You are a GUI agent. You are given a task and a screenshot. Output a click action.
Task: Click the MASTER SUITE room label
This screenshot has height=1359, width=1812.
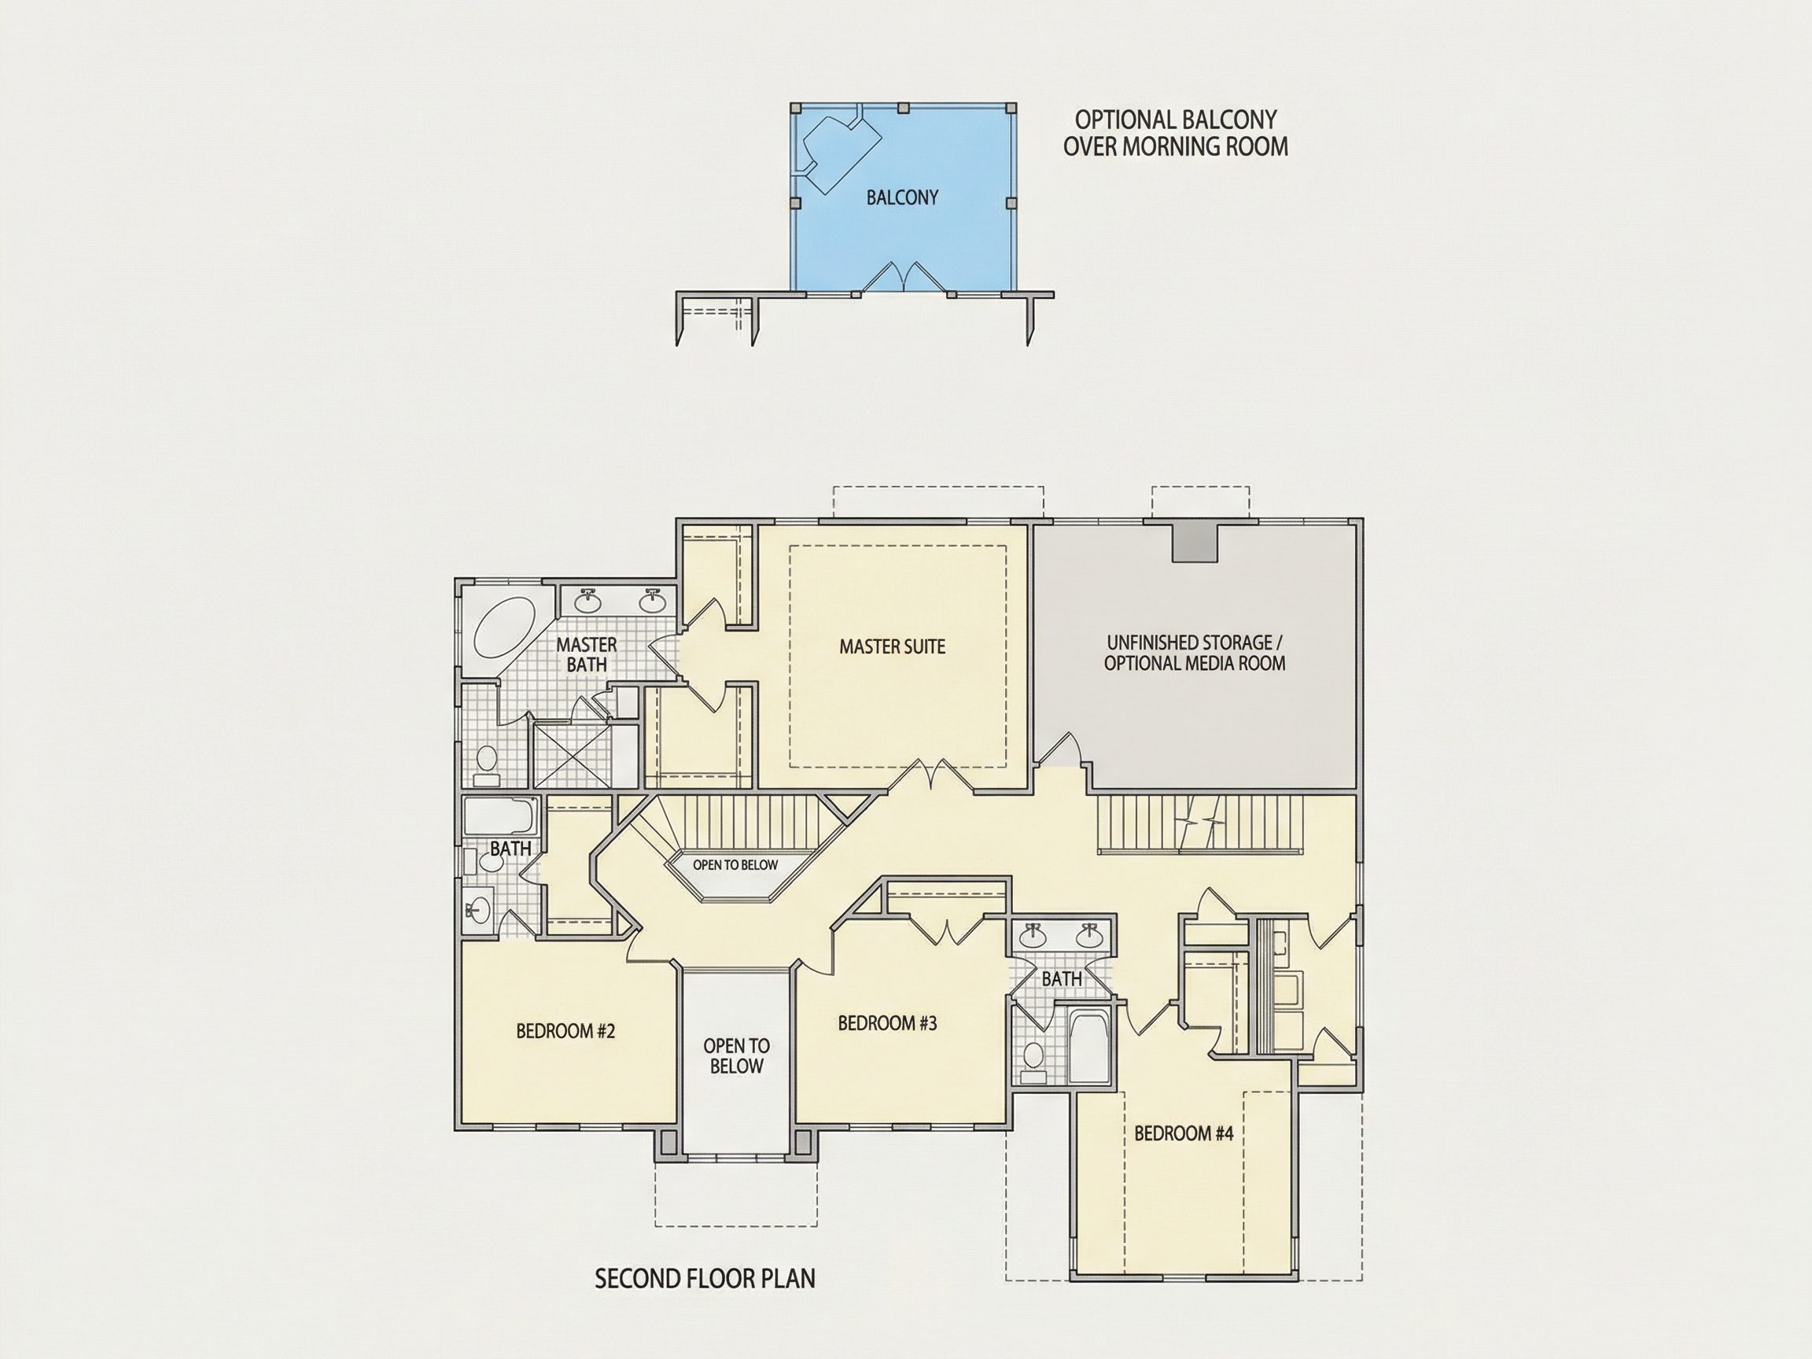click(x=892, y=646)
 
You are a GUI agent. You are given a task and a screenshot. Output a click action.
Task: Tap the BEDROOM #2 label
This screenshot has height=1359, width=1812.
click(x=565, y=1030)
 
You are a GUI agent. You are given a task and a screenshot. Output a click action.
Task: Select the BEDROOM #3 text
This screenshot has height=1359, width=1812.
click(x=887, y=1022)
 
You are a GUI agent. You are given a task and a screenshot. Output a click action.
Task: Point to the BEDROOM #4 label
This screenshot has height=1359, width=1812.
click(x=1184, y=1133)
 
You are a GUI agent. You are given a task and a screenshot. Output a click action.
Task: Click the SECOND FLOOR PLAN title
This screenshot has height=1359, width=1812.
click(x=705, y=1278)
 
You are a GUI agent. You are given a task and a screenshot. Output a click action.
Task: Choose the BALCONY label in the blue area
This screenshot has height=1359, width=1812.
click(x=902, y=197)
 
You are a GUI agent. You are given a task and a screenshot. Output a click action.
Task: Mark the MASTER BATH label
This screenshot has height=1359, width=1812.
click(x=587, y=654)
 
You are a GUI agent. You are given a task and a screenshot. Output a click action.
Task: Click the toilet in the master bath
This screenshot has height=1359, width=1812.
click(x=488, y=764)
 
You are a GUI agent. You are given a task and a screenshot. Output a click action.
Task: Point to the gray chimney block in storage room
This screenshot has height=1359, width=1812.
click(x=1195, y=541)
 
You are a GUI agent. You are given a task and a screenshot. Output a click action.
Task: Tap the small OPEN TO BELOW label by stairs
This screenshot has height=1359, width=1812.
click(x=735, y=864)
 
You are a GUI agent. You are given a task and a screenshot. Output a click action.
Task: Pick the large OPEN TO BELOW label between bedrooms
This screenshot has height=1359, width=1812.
click(x=736, y=1056)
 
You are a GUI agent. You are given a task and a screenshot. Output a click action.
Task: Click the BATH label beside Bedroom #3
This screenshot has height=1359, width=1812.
click(x=1062, y=978)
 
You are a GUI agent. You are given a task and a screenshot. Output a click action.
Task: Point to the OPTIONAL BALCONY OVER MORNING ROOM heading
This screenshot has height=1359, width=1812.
click(x=1176, y=133)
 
